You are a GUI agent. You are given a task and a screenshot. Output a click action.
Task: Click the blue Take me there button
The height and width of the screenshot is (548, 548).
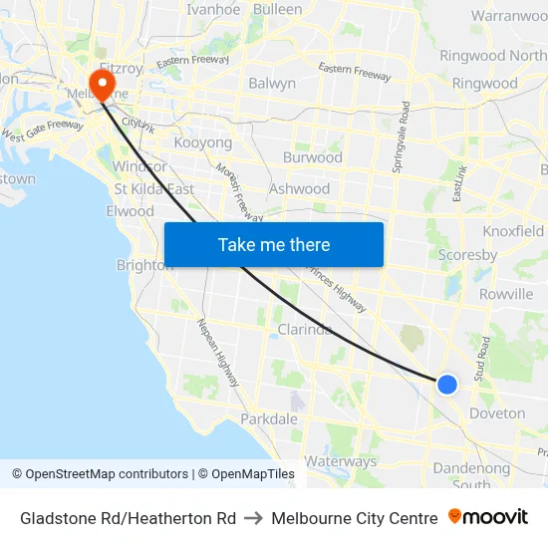pyautogui.click(x=273, y=244)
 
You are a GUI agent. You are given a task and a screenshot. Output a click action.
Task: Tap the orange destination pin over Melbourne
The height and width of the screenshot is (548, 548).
pyautogui.click(x=102, y=84)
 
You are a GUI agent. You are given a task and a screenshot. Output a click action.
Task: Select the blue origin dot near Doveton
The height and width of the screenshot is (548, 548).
pyautogui.click(x=447, y=384)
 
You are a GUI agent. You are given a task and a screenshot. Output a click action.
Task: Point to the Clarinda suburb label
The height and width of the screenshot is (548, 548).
pyautogui.click(x=305, y=330)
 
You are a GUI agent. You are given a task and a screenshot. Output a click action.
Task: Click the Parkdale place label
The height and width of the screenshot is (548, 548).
pyautogui.click(x=269, y=419)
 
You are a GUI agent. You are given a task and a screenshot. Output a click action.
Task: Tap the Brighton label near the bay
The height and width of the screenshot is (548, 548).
pyautogui.click(x=143, y=265)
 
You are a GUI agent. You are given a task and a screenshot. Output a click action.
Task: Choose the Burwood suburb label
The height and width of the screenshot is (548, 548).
pyautogui.click(x=313, y=157)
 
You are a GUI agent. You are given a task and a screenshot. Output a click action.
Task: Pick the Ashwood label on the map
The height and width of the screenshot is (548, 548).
pyautogui.click(x=299, y=188)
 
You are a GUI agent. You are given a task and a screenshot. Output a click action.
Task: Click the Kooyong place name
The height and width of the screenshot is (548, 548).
pyautogui.click(x=203, y=143)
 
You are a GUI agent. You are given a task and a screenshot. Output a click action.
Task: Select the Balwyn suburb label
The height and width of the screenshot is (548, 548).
pyautogui.click(x=272, y=84)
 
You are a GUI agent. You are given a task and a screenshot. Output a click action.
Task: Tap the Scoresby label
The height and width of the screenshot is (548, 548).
pyautogui.click(x=468, y=255)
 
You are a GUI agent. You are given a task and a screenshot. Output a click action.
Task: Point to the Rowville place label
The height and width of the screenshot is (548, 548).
pyautogui.click(x=506, y=294)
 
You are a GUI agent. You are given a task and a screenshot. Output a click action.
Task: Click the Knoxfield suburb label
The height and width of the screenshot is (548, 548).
pyautogui.click(x=513, y=231)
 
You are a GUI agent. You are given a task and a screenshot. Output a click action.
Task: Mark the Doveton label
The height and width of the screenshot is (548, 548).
pyautogui.click(x=497, y=413)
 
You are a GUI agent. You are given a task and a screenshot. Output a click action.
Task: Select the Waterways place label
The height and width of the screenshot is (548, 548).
pyautogui.click(x=341, y=461)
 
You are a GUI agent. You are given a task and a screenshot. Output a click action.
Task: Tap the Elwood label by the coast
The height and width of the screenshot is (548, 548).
pyautogui.click(x=130, y=211)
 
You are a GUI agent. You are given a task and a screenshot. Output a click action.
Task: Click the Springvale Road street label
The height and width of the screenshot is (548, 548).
pyautogui.click(x=403, y=137)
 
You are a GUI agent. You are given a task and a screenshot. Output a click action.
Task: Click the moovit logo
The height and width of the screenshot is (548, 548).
pyautogui.click(x=488, y=517)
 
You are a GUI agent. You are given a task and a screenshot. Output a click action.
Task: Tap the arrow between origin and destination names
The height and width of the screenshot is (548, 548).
pyautogui.click(x=253, y=518)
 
